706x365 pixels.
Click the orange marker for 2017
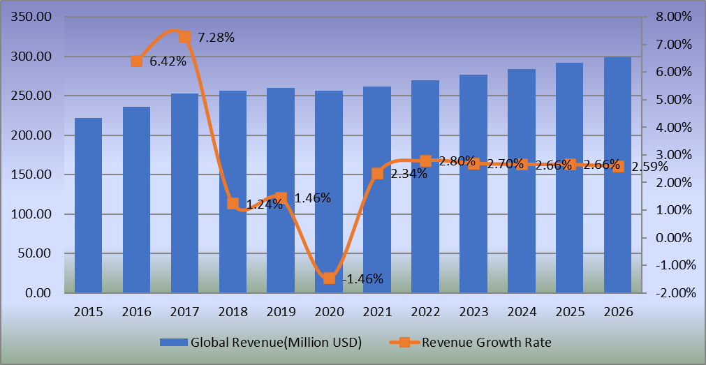[x=184, y=37]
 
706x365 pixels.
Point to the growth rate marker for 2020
[x=329, y=278]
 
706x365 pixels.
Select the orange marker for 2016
[x=137, y=61]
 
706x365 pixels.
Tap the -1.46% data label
[x=363, y=278]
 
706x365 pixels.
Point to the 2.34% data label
[x=409, y=174]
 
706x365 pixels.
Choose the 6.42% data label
[x=168, y=61]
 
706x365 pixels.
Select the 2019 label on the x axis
[x=281, y=312]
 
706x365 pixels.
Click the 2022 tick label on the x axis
[x=425, y=312]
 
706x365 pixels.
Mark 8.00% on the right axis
[x=672, y=17]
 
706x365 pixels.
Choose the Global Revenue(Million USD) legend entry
[x=260, y=342]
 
